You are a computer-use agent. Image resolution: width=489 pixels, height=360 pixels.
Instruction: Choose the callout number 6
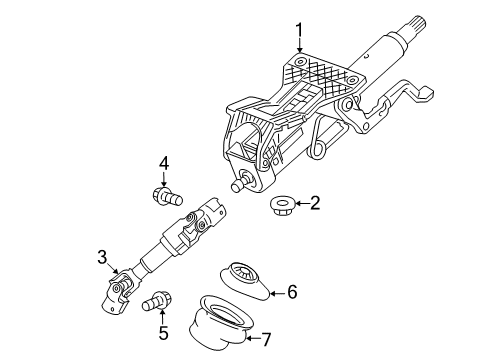(x=292, y=292)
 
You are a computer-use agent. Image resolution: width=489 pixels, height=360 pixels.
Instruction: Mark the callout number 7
(x=265, y=339)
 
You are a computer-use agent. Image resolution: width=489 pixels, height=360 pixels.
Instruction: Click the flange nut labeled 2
(x=281, y=206)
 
